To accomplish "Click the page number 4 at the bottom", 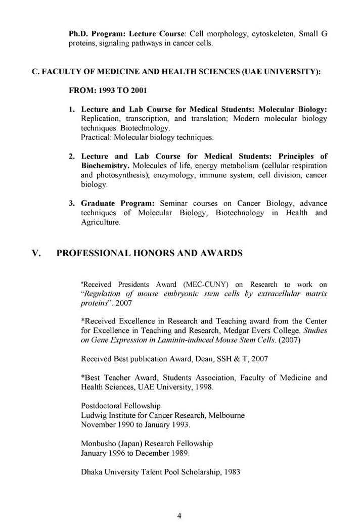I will pyautogui.click(x=179, y=515).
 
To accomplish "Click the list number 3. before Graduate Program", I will pyautogui.click(x=72, y=204).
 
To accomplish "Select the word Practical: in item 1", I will pyautogui.click(x=96, y=137).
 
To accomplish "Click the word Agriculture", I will pyautogui.click(x=101, y=222).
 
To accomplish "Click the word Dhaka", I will pyautogui.click(x=92, y=471).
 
